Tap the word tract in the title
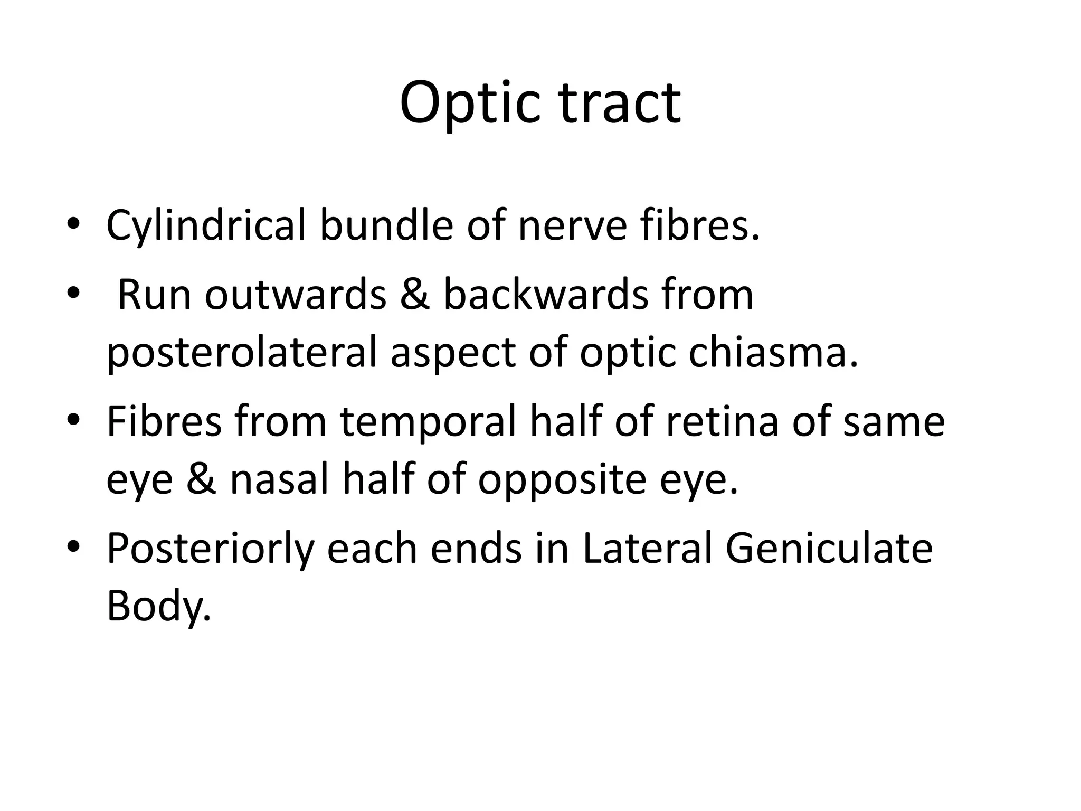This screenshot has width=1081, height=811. [x=620, y=103]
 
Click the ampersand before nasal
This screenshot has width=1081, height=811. [x=202, y=480]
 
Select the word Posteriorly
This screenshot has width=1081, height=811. [x=210, y=550]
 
